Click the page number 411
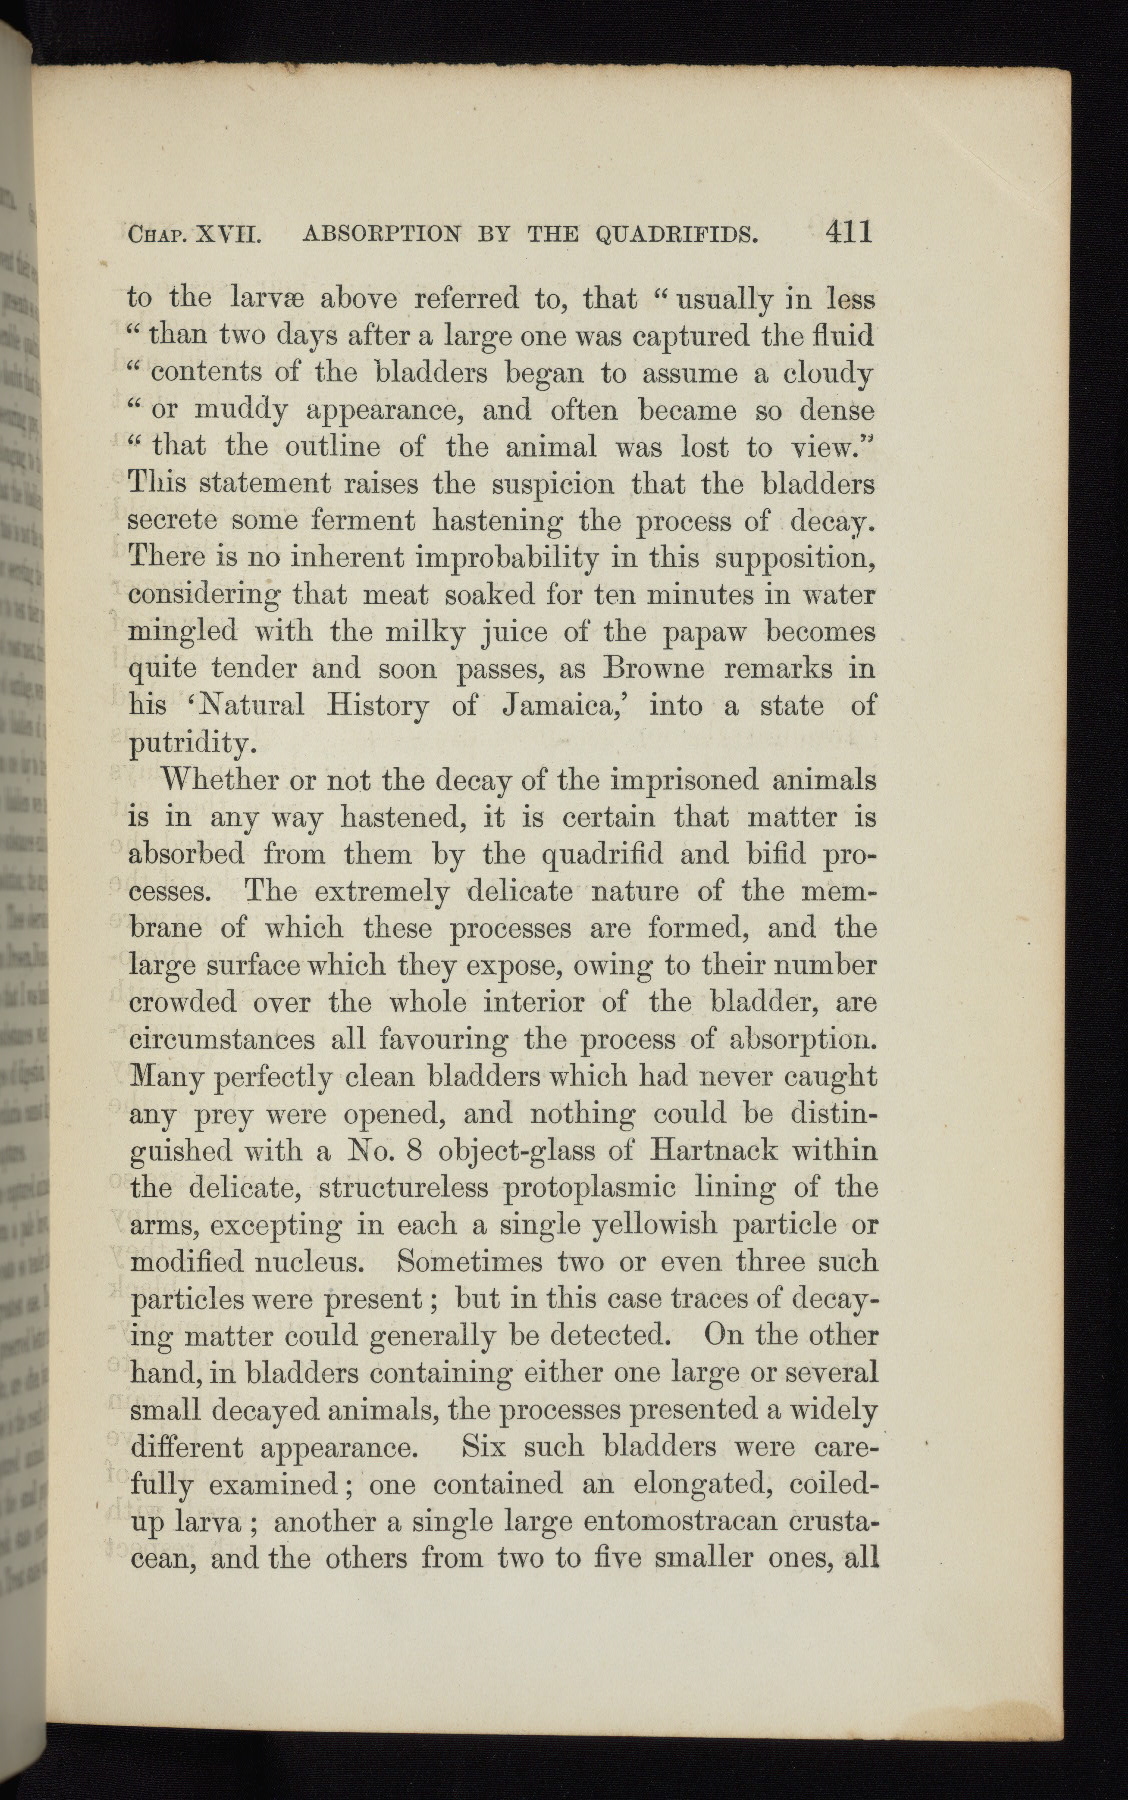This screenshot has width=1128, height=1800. point(849,233)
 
